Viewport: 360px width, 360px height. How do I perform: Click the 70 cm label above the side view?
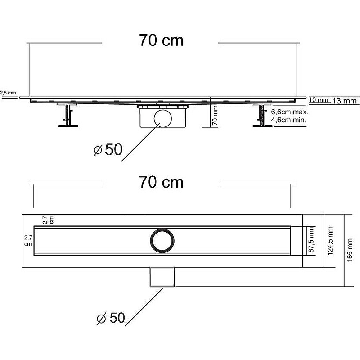point(161,40)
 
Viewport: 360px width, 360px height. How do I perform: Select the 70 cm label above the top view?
point(161,182)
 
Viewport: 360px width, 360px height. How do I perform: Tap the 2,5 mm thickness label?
point(8,93)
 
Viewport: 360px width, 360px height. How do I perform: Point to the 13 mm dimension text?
point(344,101)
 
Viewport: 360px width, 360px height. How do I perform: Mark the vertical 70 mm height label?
point(215,115)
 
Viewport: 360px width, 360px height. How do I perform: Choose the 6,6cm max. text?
point(289,112)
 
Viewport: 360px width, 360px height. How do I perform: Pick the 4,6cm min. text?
point(289,121)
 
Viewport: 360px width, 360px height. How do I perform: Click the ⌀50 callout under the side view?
point(108,150)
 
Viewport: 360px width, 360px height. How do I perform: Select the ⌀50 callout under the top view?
point(110,318)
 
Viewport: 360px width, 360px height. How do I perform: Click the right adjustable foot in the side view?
point(261,117)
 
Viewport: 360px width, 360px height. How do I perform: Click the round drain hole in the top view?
point(161,240)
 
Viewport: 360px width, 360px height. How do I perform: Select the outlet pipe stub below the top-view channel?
point(162,276)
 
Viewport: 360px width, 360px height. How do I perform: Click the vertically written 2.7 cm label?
point(47,220)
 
